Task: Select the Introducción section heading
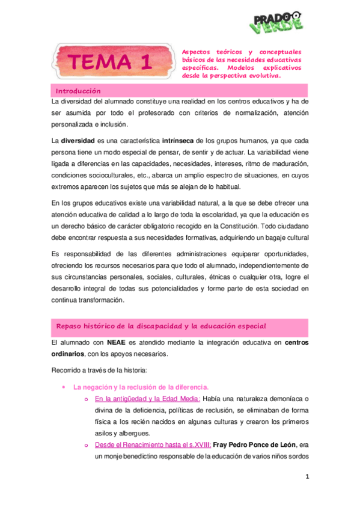78,90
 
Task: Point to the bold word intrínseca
180,140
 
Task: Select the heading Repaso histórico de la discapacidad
160,325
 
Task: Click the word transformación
100,300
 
